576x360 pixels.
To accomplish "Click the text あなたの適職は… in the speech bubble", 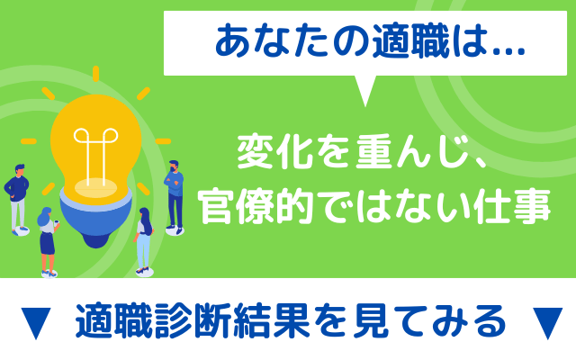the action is (369, 41).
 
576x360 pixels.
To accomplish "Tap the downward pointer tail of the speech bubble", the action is (364, 90).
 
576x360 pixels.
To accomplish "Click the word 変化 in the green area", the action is (274, 152).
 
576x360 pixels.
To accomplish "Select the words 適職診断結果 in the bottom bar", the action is (193, 320).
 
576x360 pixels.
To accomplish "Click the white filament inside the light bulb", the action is (95, 154).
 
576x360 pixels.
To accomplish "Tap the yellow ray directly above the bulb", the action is (96, 74).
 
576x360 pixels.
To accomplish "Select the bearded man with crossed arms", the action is (174, 197).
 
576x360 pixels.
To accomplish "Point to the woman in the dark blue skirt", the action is (48, 241).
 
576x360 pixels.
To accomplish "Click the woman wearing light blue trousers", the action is (144, 240).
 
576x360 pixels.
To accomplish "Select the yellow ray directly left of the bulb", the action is (29, 141).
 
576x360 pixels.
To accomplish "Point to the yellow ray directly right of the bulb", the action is (163, 141).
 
